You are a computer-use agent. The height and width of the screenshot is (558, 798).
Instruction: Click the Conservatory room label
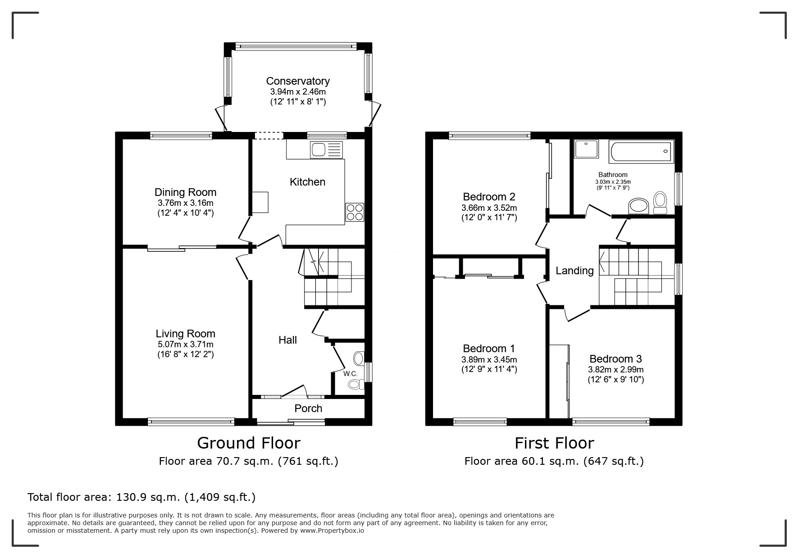(x=298, y=81)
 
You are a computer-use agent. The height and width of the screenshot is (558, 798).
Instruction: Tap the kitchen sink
(x=326, y=150)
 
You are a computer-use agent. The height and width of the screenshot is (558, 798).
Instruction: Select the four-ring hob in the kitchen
(x=355, y=213)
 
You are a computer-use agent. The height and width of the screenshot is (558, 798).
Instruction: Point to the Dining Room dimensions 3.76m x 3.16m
(x=185, y=203)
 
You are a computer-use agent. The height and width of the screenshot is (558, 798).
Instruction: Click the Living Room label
(x=185, y=334)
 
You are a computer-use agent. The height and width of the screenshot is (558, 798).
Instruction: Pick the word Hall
(x=287, y=340)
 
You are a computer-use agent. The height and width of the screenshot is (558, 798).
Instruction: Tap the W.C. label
(x=350, y=374)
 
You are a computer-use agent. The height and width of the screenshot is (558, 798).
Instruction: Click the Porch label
(x=308, y=408)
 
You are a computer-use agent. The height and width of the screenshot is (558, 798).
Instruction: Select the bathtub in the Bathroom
(x=640, y=151)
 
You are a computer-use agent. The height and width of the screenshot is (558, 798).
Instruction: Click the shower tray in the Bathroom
(x=587, y=149)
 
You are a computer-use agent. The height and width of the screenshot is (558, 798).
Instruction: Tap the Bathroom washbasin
(x=638, y=206)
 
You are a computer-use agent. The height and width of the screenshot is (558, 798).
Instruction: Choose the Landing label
(x=575, y=271)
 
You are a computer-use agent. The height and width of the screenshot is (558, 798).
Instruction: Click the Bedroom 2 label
(x=489, y=197)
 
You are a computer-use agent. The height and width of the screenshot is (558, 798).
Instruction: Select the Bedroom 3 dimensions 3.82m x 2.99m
(x=616, y=370)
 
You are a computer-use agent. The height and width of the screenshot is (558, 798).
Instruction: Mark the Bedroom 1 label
(x=489, y=349)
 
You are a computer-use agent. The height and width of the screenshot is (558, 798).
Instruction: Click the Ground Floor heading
(x=249, y=443)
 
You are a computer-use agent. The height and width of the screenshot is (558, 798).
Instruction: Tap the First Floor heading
(x=554, y=443)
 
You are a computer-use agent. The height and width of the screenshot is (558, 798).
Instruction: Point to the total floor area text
(x=141, y=497)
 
